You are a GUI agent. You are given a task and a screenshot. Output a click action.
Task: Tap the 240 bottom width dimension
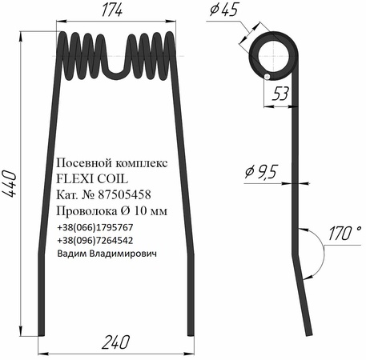coord(118,342)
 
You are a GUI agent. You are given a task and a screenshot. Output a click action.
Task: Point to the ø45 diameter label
coord(225,12)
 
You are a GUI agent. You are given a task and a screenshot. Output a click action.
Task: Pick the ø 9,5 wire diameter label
coord(258,171)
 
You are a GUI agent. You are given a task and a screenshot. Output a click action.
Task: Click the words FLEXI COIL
coord(90,179)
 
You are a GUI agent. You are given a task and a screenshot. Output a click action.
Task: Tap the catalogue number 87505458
coord(120,195)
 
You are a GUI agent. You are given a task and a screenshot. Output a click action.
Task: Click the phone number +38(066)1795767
coord(95,227)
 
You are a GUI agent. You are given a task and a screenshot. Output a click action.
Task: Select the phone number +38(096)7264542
coord(95,239)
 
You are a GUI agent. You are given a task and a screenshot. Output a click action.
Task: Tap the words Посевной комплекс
coord(113,163)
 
